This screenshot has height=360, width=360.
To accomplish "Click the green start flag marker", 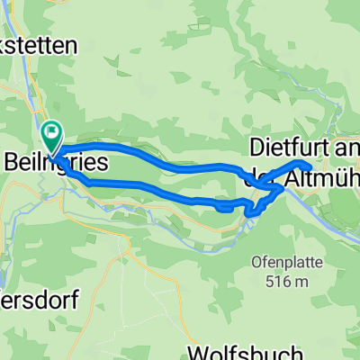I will [51, 136].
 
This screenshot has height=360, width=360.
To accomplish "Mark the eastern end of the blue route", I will [309, 166].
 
